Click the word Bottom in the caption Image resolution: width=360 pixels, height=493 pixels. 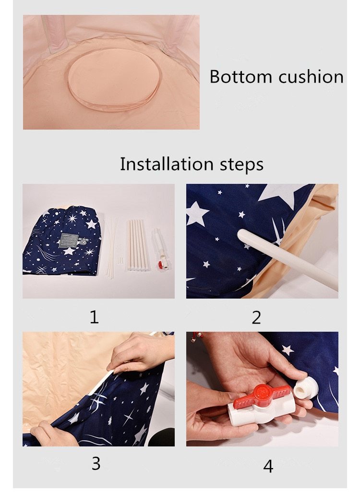(235, 77)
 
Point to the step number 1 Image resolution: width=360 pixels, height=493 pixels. (94, 317)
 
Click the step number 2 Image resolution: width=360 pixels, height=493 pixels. (256, 317)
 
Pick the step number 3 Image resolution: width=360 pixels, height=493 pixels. (96, 463)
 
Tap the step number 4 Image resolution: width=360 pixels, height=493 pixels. (268, 465)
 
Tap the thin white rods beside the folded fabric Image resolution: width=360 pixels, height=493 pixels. (112, 245)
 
